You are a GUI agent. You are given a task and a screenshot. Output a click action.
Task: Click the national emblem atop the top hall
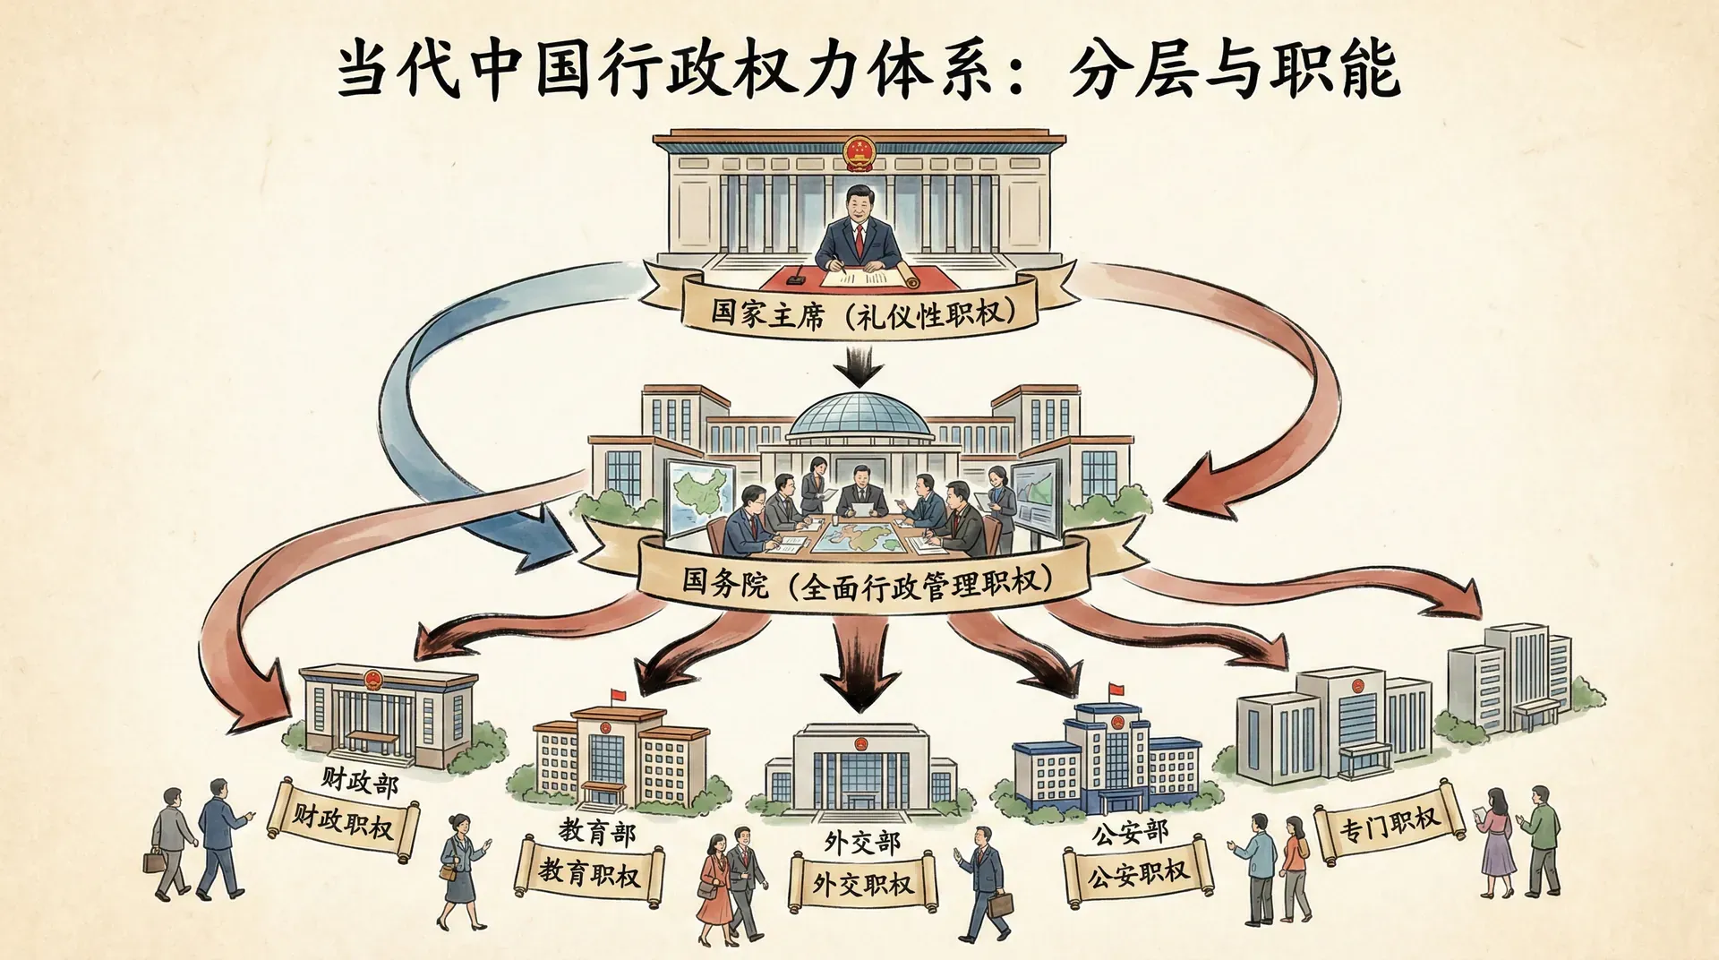coord(858,153)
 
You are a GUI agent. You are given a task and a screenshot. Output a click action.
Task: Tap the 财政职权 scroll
coord(344,820)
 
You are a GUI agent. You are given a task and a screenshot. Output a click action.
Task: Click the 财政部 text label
coord(359,781)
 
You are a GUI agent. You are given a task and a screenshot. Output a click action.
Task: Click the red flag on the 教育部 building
coord(618,695)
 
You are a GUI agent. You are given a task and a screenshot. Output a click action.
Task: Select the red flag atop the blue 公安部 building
coord(1116,690)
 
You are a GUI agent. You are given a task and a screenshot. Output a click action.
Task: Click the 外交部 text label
coord(862,843)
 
